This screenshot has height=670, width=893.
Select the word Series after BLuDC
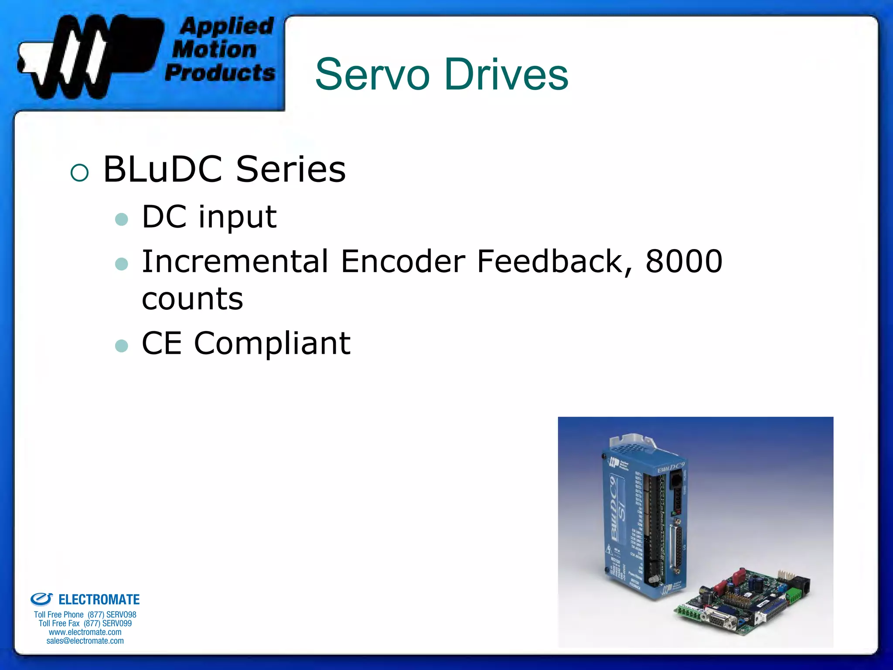[x=291, y=169]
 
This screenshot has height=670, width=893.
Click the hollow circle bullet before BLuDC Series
[x=79, y=173]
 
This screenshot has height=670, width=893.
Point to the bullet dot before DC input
[x=122, y=219]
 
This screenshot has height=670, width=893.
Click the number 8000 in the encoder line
[x=684, y=261]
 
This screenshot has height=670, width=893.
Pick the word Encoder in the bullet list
[x=403, y=261]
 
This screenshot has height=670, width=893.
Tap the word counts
[x=192, y=299]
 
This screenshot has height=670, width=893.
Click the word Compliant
[x=272, y=343]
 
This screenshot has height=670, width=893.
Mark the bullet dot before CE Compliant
[x=122, y=346]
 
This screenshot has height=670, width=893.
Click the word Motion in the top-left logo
[x=215, y=49]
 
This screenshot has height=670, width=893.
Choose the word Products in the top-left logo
[x=220, y=72]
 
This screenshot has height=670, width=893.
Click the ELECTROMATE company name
[x=99, y=600]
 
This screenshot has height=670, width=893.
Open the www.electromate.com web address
[x=85, y=632]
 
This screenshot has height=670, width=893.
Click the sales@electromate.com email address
[x=85, y=641]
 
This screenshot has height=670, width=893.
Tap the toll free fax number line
[x=85, y=623]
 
